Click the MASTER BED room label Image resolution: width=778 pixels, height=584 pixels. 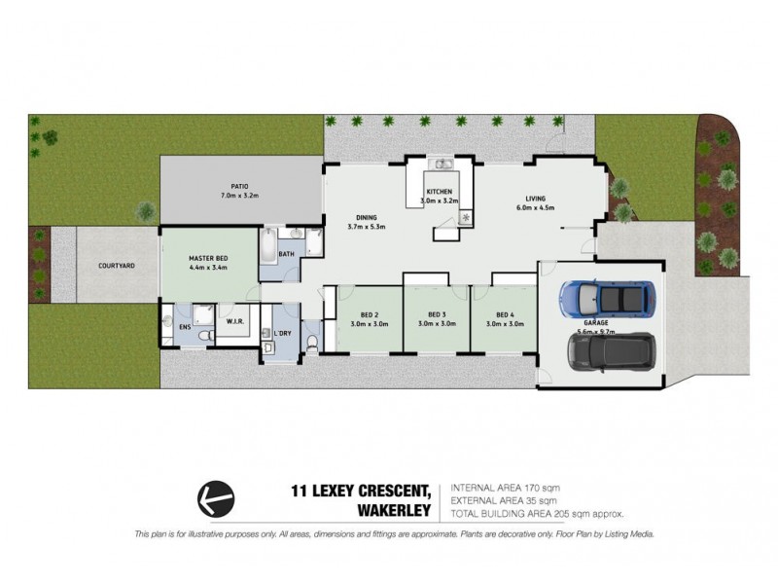pyautogui.click(x=208, y=258)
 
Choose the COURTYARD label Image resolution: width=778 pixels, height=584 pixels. pyautogui.click(x=116, y=265)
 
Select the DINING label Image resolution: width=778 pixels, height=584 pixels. pyautogui.click(x=367, y=218)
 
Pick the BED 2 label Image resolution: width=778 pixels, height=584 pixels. pyautogui.click(x=369, y=315)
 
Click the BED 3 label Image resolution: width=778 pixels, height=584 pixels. pyautogui.click(x=437, y=315)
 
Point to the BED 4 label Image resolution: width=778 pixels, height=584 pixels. pyautogui.click(x=504, y=315)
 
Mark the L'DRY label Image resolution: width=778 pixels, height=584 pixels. pyautogui.click(x=283, y=334)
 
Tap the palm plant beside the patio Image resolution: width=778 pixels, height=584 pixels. pyautogui.click(x=146, y=209)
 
